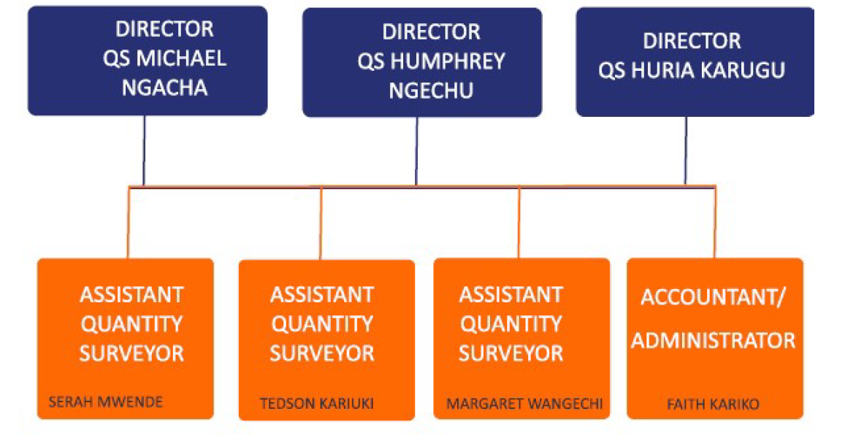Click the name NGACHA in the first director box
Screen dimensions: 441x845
(165, 88)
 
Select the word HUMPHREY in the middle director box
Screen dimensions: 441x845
(447, 61)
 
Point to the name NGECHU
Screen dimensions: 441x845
(431, 90)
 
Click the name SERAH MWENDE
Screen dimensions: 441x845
(105, 402)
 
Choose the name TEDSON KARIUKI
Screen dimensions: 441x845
(317, 403)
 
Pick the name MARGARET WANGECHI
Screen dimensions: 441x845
(524, 403)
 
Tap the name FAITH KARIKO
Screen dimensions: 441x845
(712, 403)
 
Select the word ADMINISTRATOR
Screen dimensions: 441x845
(713, 340)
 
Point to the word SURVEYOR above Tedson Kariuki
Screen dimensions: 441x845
(322, 353)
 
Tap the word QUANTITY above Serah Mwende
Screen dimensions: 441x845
(131, 323)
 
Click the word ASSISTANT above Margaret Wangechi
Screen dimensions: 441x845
(511, 295)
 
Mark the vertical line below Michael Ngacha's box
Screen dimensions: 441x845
(144, 150)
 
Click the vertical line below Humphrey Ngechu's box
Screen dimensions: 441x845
(417, 150)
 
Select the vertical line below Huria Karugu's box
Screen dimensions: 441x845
(686, 150)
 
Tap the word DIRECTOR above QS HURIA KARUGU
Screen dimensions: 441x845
(692, 41)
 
